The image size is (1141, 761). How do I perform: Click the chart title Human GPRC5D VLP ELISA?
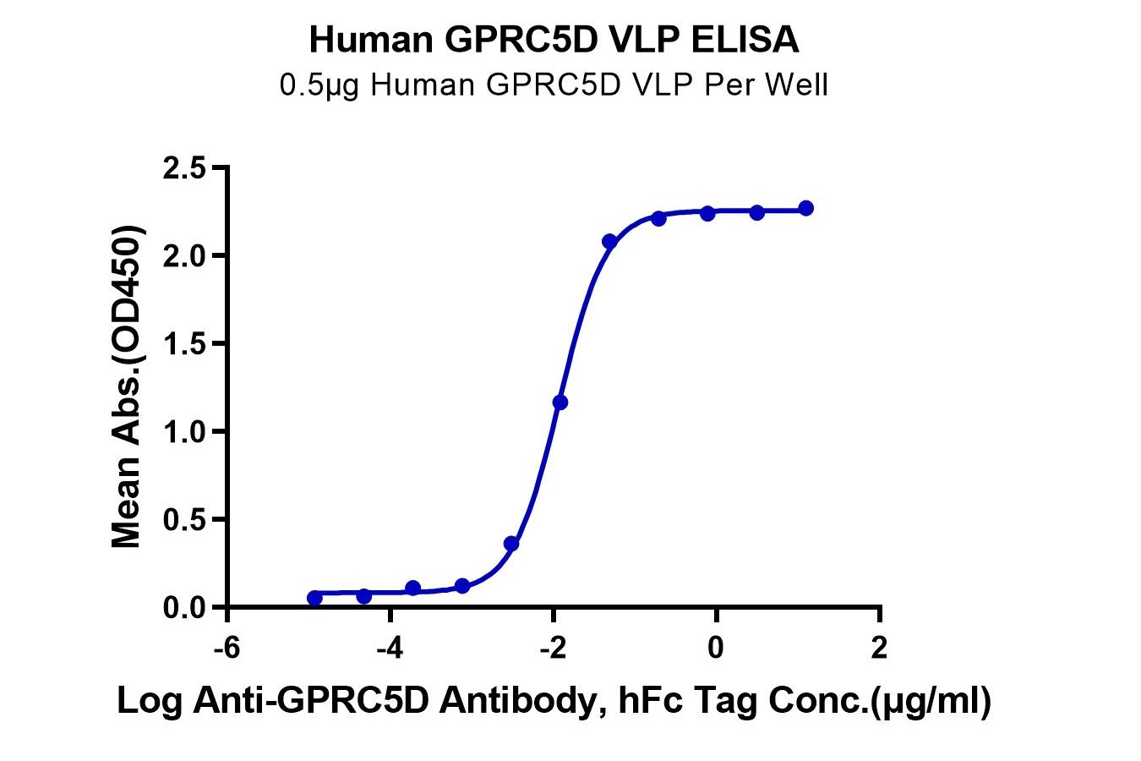tap(554, 40)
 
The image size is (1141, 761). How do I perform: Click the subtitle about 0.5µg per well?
tap(554, 85)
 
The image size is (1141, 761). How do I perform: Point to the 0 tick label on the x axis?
tap(716, 649)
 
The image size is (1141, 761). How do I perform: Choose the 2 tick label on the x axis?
tap(879, 649)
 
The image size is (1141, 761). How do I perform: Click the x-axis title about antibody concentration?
tap(554, 701)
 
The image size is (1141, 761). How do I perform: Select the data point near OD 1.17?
tap(560, 402)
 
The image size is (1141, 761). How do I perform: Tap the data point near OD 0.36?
tap(510, 544)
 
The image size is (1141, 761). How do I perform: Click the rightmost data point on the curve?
tap(805, 208)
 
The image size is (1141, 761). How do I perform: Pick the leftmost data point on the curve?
tap(314, 598)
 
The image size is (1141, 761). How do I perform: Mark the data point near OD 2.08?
tap(609, 242)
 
